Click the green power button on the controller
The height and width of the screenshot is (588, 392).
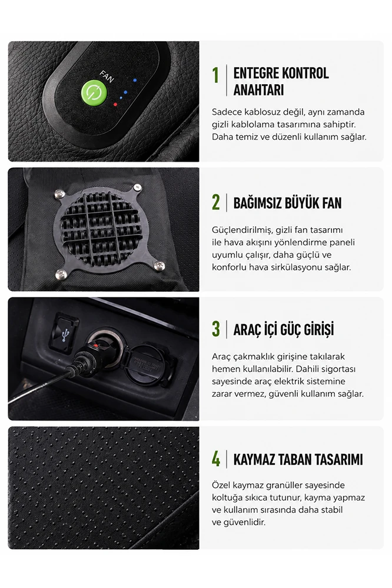[x=94, y=92]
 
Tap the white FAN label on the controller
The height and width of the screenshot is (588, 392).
[x=107, y=76]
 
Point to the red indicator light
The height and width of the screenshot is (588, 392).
[x=115, y=105]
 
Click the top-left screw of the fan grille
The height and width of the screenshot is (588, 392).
[x=59, y=193]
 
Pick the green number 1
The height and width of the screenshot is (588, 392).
[x=215, y=75]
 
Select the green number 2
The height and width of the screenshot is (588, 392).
[x=216, y=203]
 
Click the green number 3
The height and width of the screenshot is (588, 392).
[x=216, y=329]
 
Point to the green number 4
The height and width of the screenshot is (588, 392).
[x=216, y=459]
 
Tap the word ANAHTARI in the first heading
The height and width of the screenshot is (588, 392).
[x=259, y=90]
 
